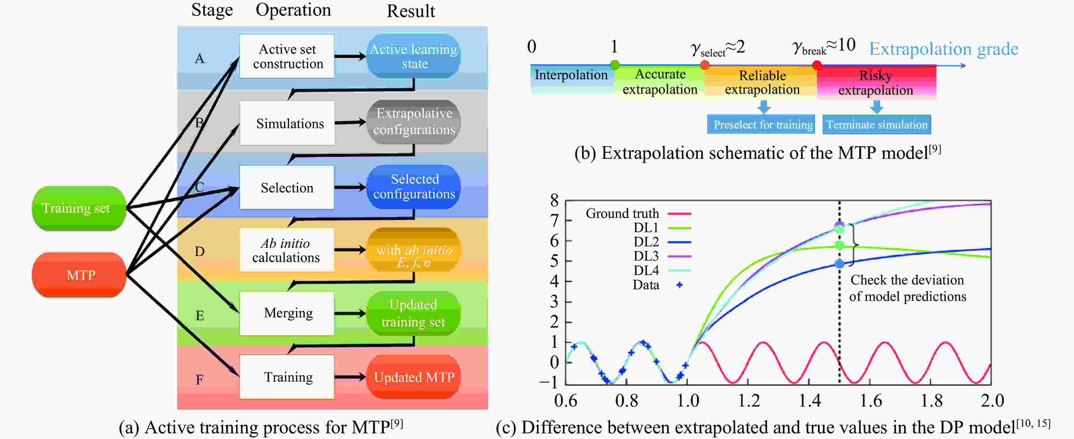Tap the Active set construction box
pyautogui.click(x=287, y=56)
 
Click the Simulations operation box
pyautogui.click(x=287, y=123)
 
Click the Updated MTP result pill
pyautogui.click(x=414, y=377)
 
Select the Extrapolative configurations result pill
pyautogui.click(x=414, y=122)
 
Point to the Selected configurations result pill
pyautogui.click(x=414, y=187)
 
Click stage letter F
pyautogui.click(x=200, y=379)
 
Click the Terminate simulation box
pyautogui.click(x=876, y=124)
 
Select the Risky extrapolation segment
pyautogui.click(x=876, y=83)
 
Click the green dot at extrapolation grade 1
pyautogui.click(x=615, y=65)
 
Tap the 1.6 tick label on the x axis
pyautogui.click(x=871, y=401)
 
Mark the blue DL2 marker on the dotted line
pyautogui.click(x=839, y=263)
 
